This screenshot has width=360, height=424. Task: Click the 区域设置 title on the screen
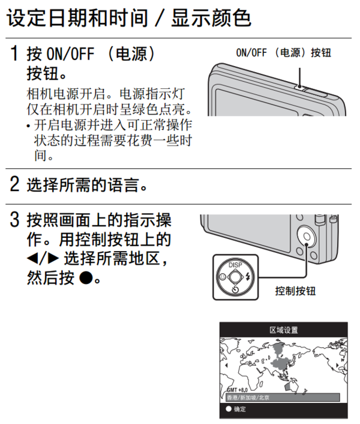(283, 330)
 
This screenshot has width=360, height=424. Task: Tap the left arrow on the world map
(226, 365)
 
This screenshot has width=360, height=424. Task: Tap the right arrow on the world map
(342, 365)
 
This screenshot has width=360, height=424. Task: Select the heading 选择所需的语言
(87, 184)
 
